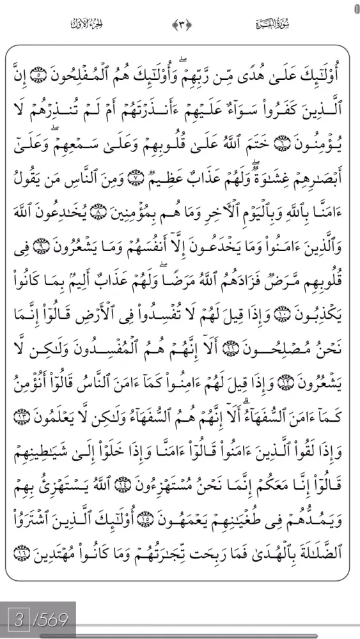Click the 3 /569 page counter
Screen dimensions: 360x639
[38, 619]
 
